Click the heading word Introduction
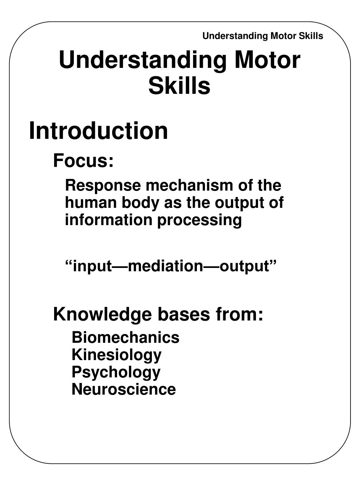(x=98, y=130)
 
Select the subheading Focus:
(x=83, y=161)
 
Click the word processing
(x=199, y=221)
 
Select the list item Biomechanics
(x=126, y=338)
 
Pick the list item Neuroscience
(x=124, y=389)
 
